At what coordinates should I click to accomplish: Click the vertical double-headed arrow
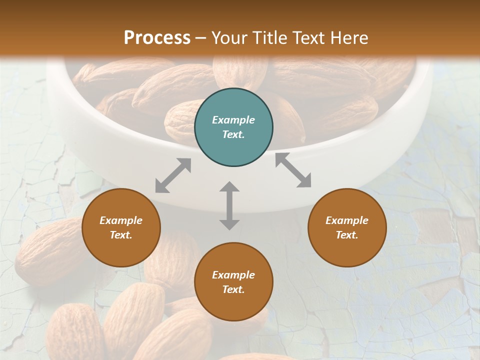coord(229,205)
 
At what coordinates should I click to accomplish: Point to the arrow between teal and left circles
coord(173,175)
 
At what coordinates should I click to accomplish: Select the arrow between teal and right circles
coord(293,170)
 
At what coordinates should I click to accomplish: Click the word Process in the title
coord(157,37)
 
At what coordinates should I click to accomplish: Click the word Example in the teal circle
coord(233,120)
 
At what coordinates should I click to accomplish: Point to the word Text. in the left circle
coord(121,235)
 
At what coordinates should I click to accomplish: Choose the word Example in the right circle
coord(347,220)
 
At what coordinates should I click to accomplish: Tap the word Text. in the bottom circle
coord(233,289)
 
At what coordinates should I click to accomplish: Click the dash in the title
coord(201,38)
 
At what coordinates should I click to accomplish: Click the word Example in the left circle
coord(121,220)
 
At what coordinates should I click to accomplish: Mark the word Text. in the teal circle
coord(233,134)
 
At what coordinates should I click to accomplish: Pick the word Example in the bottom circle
coord(233,275)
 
